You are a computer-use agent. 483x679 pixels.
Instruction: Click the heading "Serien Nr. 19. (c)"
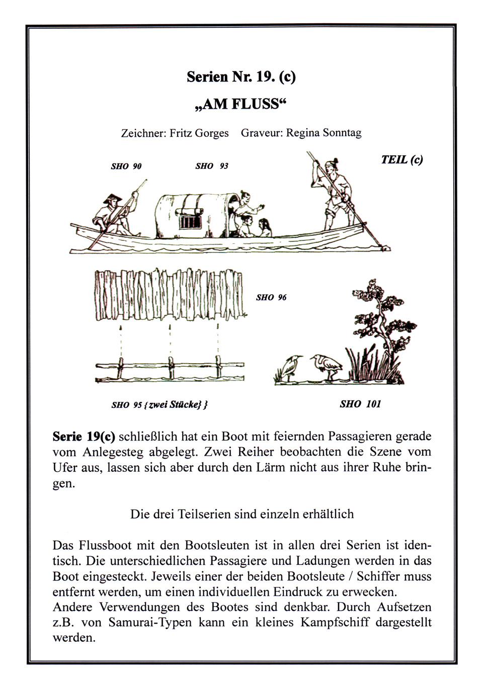tap(241, 77)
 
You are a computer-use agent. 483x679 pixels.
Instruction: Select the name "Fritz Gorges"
tap(199, 133)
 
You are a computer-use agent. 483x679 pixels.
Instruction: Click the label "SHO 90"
tap(126, 166)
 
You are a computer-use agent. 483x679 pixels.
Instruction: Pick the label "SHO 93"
tap(211, 166)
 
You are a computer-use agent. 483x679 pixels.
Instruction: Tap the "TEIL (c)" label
tap(401, 159)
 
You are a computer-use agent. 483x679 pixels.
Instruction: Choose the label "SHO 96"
tap(271, 297)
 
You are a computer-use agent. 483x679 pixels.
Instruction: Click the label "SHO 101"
tap(360, 403)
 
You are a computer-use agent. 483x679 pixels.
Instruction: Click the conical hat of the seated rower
tap(113, 199)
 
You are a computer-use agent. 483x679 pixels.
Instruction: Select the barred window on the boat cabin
tap(191, 222)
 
